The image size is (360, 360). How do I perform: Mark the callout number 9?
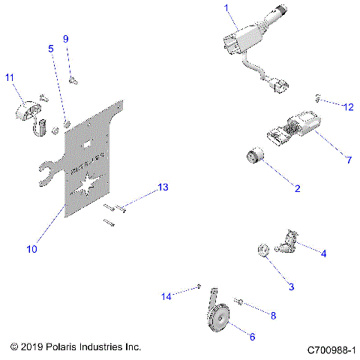coord(65,38)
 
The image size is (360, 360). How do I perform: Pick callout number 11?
coord(10,77)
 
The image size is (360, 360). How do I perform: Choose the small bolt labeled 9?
coord(70,76)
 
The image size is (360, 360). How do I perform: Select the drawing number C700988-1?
coord(331,349)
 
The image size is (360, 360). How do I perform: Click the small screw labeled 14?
coord(200,286)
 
